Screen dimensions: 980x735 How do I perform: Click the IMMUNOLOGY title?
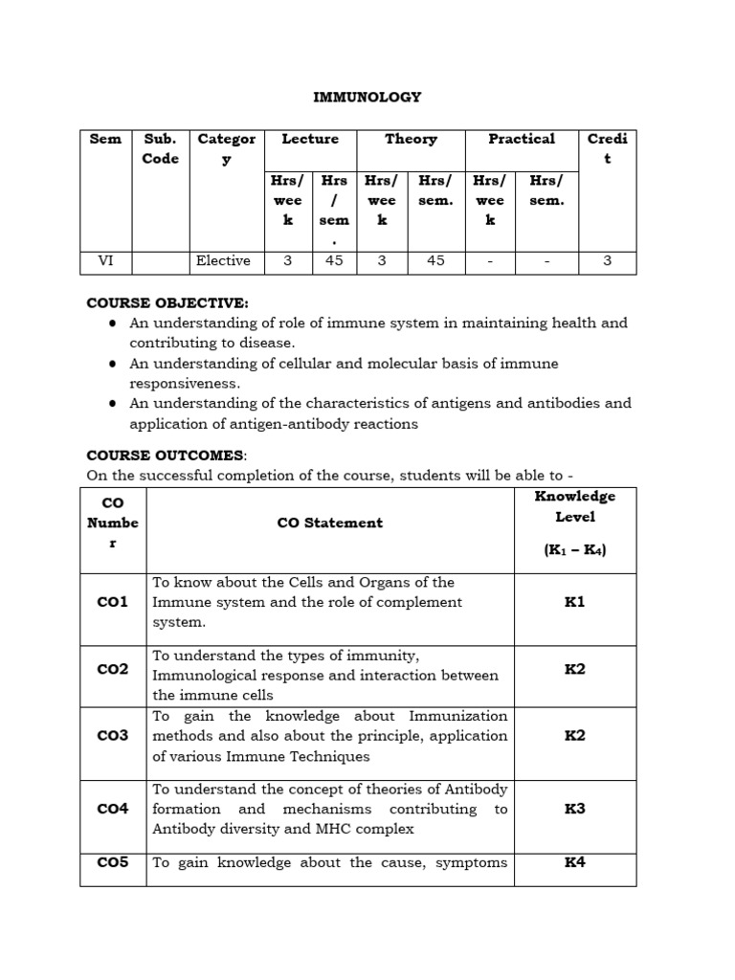pyautogui.click(x=367, y=97)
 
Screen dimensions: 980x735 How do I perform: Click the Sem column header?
pyautogui.click(x=105, y=139)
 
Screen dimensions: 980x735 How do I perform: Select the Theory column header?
pyautogui.click(x=411, y=139)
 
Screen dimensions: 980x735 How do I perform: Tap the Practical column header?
pyautogui.click(x=522, y=139)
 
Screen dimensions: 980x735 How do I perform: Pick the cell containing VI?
pyautogui.click(x=105, y=260)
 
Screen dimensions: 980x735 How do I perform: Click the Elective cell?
pyautogui.click(x=223, y=260)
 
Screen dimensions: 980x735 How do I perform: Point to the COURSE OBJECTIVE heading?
pyautogui.click(x=167, y=302)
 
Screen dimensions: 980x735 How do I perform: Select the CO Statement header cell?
pyautogui.click(x=329, y=523)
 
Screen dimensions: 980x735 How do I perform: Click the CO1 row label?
pyautogui.click(x=113, y=602)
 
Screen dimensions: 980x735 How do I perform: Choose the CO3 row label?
pyautogui.click(x=113, y=736)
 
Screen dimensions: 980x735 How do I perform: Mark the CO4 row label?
pyautogui.click(x=113, y=809)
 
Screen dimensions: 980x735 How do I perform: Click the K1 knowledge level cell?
pyautogui.click(x=574, y=602)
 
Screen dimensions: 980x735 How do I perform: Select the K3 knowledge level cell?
pyautogui.click(x=574, y=809)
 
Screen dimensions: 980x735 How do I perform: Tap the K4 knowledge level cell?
pyautogui.click(x=574, y=862)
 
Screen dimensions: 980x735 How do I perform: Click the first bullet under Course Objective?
pyautogui.click(x=113, y=323)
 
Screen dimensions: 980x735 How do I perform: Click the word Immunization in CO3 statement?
pyautogui.click(x=458, y=716)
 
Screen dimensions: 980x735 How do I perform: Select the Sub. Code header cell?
pyautogui.click(x=160, y=148)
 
